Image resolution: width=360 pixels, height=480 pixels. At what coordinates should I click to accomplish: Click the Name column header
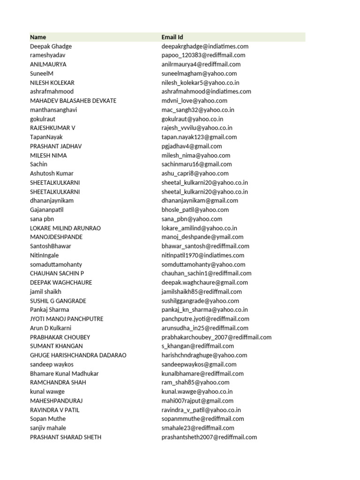(38, 37)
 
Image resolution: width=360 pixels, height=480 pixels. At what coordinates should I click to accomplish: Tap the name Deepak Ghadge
(51, 46)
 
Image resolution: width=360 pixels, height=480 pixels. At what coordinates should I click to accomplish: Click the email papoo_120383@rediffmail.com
(203, 55)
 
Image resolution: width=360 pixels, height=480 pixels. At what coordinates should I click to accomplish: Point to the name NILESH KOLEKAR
(52, 82)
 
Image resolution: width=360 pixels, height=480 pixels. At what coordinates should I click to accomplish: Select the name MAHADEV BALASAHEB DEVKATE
(73, 101)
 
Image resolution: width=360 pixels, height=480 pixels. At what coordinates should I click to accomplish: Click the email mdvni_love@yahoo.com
(195, 101)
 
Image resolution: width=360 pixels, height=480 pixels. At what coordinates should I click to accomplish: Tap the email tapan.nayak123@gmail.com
(199, 137)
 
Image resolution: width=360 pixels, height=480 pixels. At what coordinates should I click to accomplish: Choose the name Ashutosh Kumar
(52, 173)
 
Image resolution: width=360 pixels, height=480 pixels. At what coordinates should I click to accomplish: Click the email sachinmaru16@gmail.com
(197, 165)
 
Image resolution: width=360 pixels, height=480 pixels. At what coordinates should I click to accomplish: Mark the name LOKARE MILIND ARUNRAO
(65, 228)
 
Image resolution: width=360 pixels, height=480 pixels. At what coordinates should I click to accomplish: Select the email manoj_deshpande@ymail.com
(202, 237)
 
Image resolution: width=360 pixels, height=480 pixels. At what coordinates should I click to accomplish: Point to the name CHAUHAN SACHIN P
(57, 273)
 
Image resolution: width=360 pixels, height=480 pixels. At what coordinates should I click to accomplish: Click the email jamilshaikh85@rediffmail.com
(202, 292)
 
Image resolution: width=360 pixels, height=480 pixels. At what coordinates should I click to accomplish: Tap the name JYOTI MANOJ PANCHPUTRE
(67, 319)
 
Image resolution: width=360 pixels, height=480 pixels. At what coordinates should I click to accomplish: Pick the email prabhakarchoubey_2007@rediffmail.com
(217, 337)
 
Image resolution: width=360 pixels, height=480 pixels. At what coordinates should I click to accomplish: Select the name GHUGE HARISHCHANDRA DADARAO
(78, 355)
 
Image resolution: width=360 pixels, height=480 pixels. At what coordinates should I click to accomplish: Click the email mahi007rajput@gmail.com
(197, 401)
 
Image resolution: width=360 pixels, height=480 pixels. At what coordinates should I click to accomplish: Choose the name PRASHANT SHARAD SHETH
(66, 437)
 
